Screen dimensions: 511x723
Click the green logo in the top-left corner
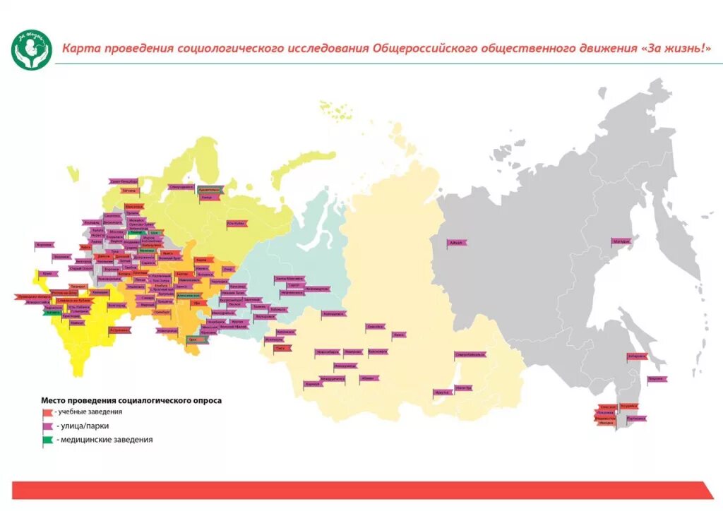coord(32,49)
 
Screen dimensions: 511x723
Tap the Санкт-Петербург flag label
coord(124,181)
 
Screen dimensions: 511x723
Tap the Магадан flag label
coord(621,241)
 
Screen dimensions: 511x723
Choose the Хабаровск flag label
coord(636,356)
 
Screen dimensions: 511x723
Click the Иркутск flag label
coord(443,392)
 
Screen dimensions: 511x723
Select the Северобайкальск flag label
coord(470,354)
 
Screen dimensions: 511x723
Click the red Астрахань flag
coord(119,330)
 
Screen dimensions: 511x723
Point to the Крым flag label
coord(47,273)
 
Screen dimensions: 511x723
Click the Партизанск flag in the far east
coord(635,419)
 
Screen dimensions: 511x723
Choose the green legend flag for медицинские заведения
coord(47,440)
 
